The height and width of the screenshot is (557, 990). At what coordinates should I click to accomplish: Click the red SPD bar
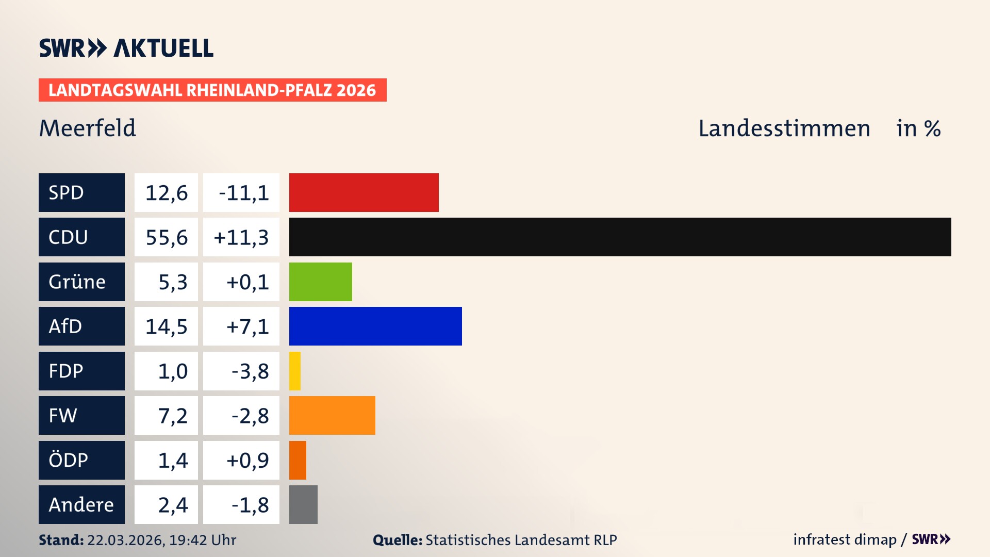coord(364,192)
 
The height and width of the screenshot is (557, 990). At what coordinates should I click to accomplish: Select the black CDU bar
coord(620,237)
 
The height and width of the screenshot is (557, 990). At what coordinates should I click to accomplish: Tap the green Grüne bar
coord(320,282)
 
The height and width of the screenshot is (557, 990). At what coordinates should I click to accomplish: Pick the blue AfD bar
coord(375,326)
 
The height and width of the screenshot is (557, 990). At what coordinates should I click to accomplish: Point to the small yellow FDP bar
coord(295,371)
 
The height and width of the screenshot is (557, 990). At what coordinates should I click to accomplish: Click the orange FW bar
coord(332,415)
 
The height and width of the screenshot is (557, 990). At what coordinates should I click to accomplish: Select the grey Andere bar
coord(303,504)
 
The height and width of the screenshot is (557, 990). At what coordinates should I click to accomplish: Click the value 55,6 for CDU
coord(166,237)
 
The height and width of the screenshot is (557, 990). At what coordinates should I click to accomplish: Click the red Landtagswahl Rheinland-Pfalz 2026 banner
coord(212,90)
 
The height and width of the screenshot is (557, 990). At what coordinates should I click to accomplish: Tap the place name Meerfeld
coord(88,128)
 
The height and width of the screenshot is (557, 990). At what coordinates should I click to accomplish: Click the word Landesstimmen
coord(784,128)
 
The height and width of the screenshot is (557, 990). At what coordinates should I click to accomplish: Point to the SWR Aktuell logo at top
coord(126,48)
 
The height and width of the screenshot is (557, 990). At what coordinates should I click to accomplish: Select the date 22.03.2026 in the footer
coord(125,540)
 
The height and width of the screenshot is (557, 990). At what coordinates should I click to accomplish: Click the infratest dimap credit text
coord(845,539)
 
